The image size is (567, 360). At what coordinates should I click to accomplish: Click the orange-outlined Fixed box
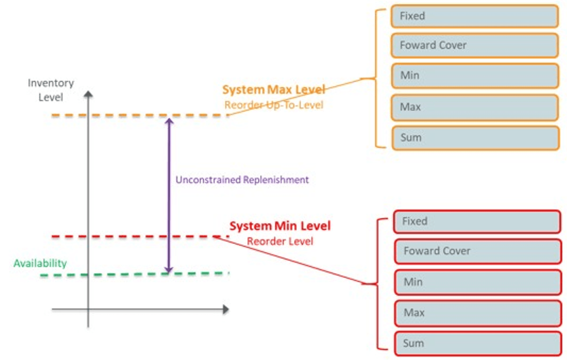(474, 16)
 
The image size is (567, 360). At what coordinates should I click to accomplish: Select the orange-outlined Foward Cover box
(474, 45)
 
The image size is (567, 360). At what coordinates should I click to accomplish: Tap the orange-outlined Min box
(474, 75)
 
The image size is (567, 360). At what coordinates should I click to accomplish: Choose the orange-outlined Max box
(474, 107)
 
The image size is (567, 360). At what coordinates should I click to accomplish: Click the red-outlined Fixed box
(477, 222)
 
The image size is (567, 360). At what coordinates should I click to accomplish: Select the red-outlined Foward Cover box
(477, 251)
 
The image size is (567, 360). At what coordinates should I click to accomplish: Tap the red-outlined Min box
(477, 282)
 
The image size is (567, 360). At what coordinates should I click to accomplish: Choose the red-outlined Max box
(477, 313)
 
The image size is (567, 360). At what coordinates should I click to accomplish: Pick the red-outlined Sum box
(477, 343)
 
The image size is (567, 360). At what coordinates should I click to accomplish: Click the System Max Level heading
(274, 90)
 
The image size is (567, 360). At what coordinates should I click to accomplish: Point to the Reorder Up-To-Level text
(274, 105)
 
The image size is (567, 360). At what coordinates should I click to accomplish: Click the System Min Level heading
(280, 226)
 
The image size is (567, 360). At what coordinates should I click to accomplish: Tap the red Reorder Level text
(280, 241)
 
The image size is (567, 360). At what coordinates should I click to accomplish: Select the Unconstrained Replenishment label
(242, 180)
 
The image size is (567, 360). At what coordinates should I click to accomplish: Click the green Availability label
(40, 263)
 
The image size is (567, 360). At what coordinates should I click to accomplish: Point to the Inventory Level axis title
(51, 90)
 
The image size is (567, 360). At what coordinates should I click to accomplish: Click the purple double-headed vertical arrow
(168, 195)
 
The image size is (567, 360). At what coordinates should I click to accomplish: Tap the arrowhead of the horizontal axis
(226, 309)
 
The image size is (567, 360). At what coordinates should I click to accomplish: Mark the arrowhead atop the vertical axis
(88, 95)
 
